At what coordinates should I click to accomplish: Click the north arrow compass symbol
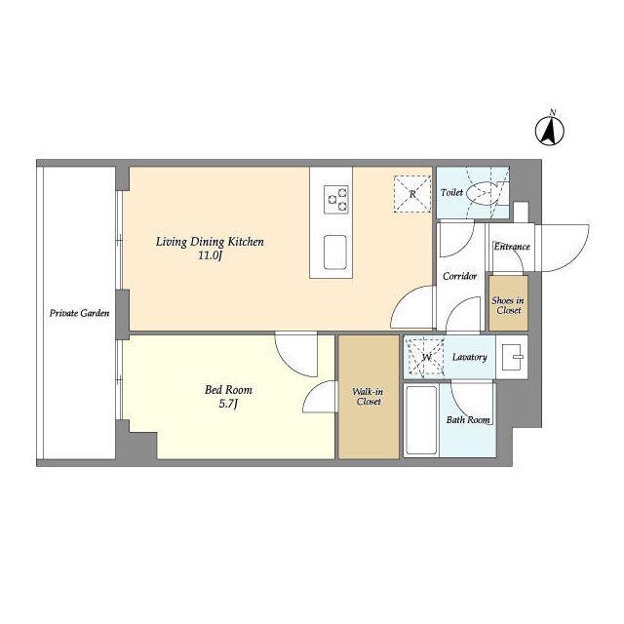click(550, 131)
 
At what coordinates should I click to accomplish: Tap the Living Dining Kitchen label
click(210, 242)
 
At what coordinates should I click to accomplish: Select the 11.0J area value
click(210, 255)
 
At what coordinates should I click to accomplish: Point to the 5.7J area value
click(228, 404)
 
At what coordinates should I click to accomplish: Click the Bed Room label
click(228, 390)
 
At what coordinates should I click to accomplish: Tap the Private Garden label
click(80, 313)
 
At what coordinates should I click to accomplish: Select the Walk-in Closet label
click(369, 397)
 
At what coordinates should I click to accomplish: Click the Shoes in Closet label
click(508, 305)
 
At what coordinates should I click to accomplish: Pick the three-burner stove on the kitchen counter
click(336, 199)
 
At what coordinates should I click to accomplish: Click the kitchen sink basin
click(335, 253)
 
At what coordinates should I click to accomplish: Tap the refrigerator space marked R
click(412, 194)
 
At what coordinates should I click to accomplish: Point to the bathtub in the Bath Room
click(421, 420)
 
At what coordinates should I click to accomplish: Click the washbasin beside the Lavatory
click(514, 357)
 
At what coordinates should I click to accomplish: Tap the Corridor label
click(459, 276)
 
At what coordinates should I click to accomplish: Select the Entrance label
click(512, 247)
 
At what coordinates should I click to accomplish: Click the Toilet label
click(451, 192)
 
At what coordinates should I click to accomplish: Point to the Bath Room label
click(468, 420)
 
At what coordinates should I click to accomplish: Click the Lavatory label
click(470, 357)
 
